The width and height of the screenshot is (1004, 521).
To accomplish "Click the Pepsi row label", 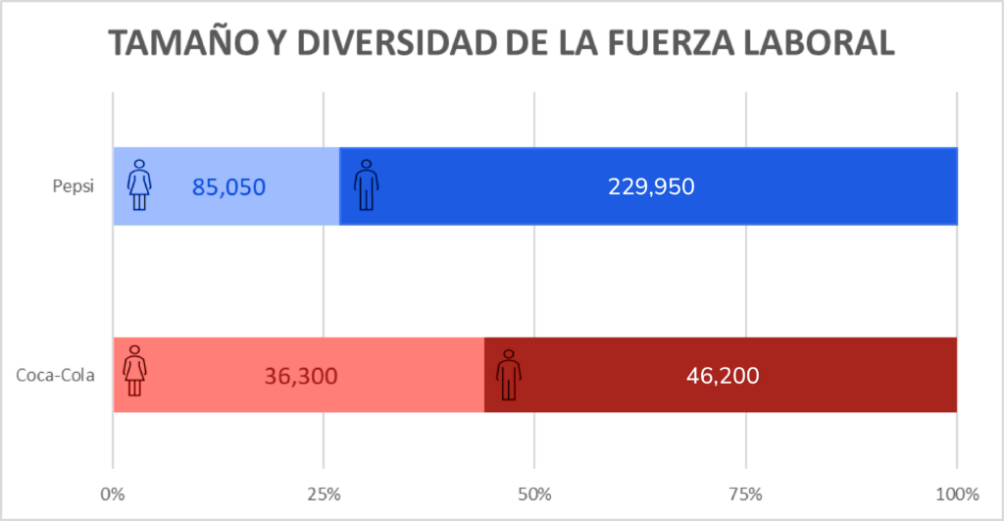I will pyautogui.click(x=74, y=186).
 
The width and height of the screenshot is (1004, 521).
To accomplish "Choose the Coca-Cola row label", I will pyautogui.click(x=56, y=375).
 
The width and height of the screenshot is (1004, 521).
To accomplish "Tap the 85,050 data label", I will pyautogui.click(x=228, y=186).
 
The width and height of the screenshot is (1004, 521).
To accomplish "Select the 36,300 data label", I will pyautogui.click(x=301, y=376).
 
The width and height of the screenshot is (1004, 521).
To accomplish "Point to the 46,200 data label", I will pyautogui.click(x=721, y=375).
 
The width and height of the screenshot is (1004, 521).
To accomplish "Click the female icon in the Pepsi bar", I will pyautogui.click(x=140, y=184).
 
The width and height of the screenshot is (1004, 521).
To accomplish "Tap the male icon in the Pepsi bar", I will pyautogui.click(x=366, y=184).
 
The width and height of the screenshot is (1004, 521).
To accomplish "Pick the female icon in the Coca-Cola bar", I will pyautogui.click(x=135, y=371).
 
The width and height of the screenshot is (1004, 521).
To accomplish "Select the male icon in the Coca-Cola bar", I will pyautogui.click(x=508, y=374).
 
